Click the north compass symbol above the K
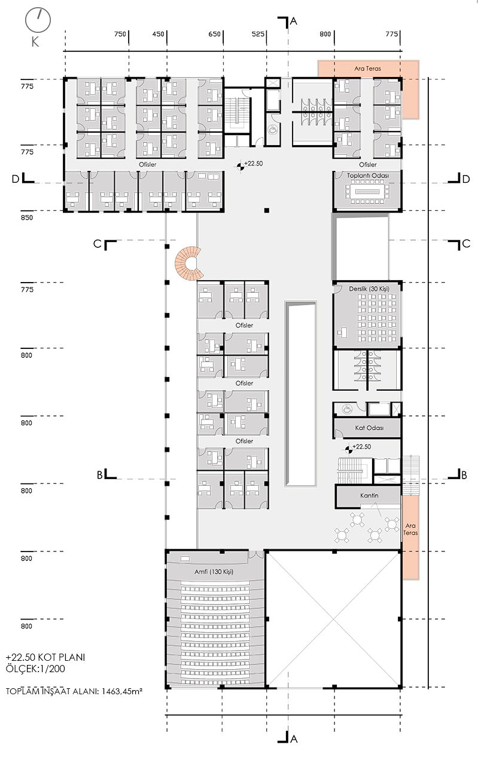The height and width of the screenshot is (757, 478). pos(38,21)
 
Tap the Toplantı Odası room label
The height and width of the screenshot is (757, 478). pos(368,176)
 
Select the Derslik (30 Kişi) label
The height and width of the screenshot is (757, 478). pos(369,289)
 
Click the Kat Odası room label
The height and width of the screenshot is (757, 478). pos(369,428)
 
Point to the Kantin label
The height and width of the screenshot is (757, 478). pos(369,495)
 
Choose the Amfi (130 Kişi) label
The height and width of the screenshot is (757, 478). pos(214,572)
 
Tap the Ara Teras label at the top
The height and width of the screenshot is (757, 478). pos(368,69)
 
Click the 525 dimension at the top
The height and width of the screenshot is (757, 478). pos(258,34)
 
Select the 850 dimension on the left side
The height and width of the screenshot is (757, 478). pos(27,217)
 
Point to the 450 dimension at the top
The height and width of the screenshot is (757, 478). pos(158,34)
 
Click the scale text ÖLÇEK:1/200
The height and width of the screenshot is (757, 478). pos(35,669)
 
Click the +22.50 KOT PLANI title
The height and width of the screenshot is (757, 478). pos(45,657)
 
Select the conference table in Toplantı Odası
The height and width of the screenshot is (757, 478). pos(368,192)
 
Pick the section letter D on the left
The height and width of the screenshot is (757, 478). pos(16,179)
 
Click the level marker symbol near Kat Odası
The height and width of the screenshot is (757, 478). pos(348,449)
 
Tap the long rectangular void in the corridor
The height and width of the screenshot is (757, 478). pos(300,393)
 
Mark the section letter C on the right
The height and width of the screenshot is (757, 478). pos(466,244)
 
